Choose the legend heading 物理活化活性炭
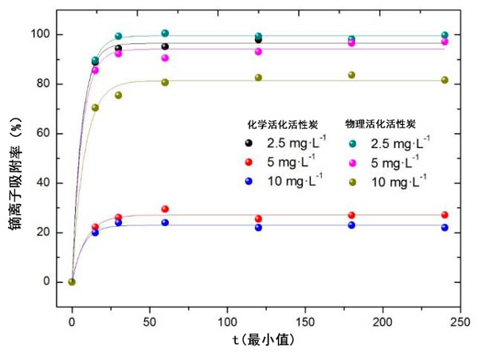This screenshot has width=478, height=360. coord(380,124)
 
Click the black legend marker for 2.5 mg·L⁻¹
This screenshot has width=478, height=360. coord(250,143)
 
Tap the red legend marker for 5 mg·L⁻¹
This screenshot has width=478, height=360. coord(250,162)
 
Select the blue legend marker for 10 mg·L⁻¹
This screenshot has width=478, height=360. coord(250,181)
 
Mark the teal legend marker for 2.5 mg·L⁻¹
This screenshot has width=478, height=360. coord(353,143)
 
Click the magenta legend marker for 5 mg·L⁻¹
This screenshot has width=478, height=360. coord(353,162)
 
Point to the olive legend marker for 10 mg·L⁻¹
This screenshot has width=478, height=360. coord(353,181)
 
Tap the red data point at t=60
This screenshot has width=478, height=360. coord(165,209)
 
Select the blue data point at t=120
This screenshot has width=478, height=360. coord(258,228)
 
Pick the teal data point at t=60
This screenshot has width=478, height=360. coord(165,33)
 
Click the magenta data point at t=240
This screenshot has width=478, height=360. coord(445,41)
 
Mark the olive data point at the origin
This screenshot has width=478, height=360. coord(72,282)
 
